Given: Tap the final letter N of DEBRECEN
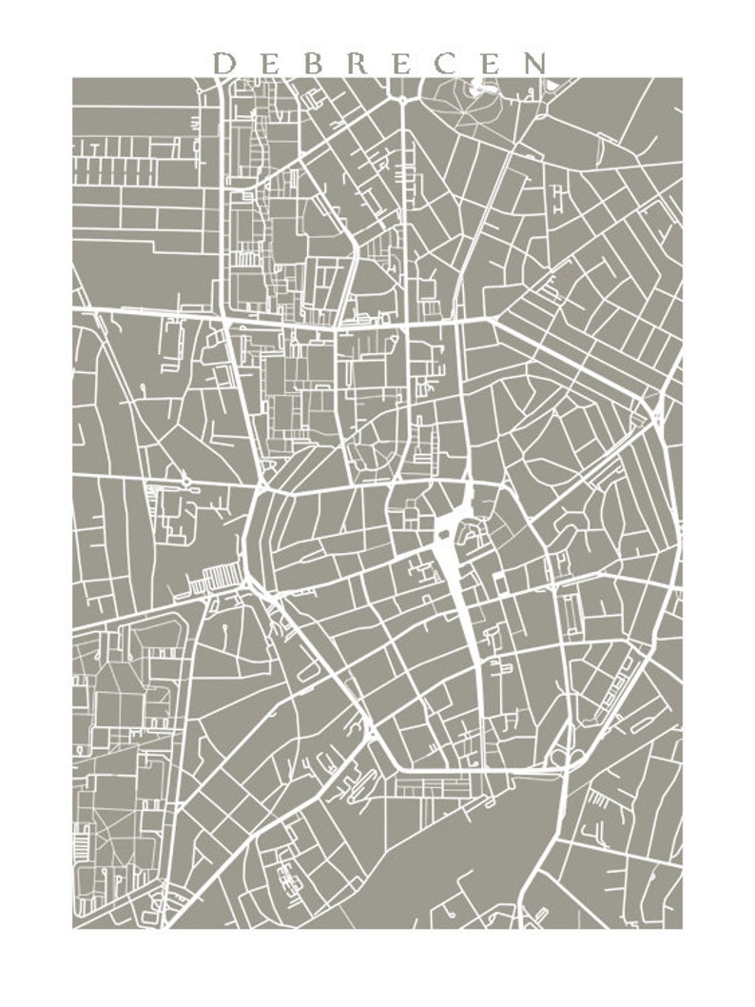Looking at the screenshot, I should [536, 64].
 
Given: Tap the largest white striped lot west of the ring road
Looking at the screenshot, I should [221, 577].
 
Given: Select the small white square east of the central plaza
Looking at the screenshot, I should [498, 578].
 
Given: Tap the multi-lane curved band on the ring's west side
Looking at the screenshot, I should [257, 543].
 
